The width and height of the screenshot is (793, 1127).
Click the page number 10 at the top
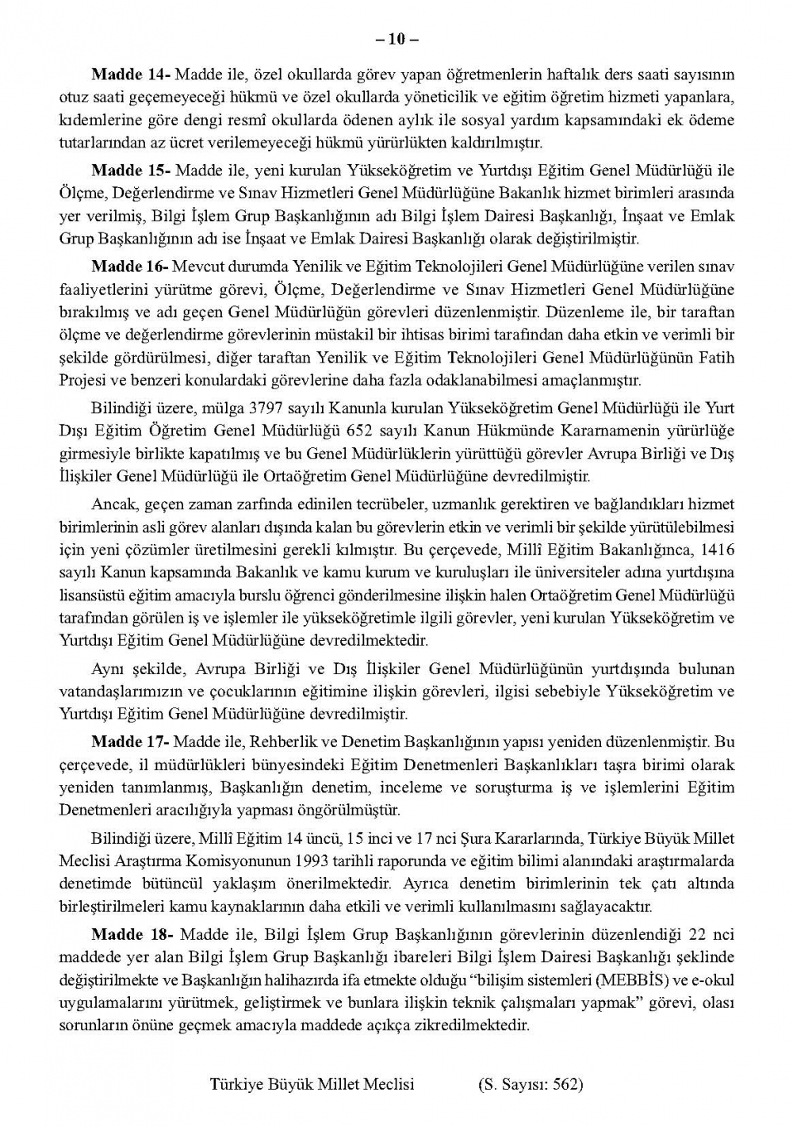(396, 40)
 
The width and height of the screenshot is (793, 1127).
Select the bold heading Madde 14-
(130, 75)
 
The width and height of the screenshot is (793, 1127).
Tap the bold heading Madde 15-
(130, 171)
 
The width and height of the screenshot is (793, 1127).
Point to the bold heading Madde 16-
(130, 266)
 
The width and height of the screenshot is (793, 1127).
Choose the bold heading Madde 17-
(130, 742)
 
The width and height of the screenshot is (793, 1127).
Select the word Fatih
(716, 358)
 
